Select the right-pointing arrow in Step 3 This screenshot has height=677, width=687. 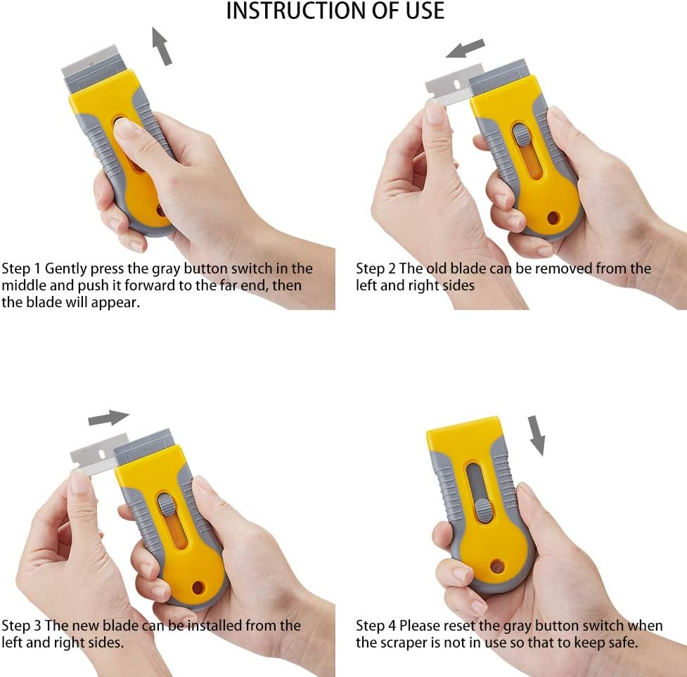pos(108,418)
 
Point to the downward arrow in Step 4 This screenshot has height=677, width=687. pos(537,434)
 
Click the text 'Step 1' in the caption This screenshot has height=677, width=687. pos(21,269)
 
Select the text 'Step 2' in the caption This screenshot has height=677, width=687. pos(375,269)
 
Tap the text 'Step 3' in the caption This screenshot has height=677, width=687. pos(21,626)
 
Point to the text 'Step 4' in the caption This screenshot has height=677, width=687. pos(375,626)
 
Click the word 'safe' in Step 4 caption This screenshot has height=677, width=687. pos(622,643)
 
